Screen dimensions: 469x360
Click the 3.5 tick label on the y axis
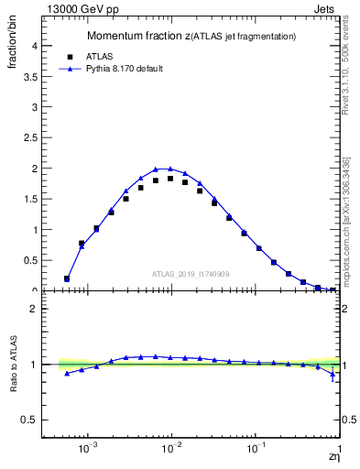(30, 76)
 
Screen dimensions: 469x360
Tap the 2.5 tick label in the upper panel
(30, 137)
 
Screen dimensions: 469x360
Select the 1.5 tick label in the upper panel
(30, 199)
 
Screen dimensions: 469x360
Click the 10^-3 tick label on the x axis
(88, 449)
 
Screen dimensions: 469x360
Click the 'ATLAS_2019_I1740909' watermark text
(191, 274)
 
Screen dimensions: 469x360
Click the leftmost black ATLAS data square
(67, 278)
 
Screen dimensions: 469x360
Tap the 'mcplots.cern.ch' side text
(351, 247)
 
